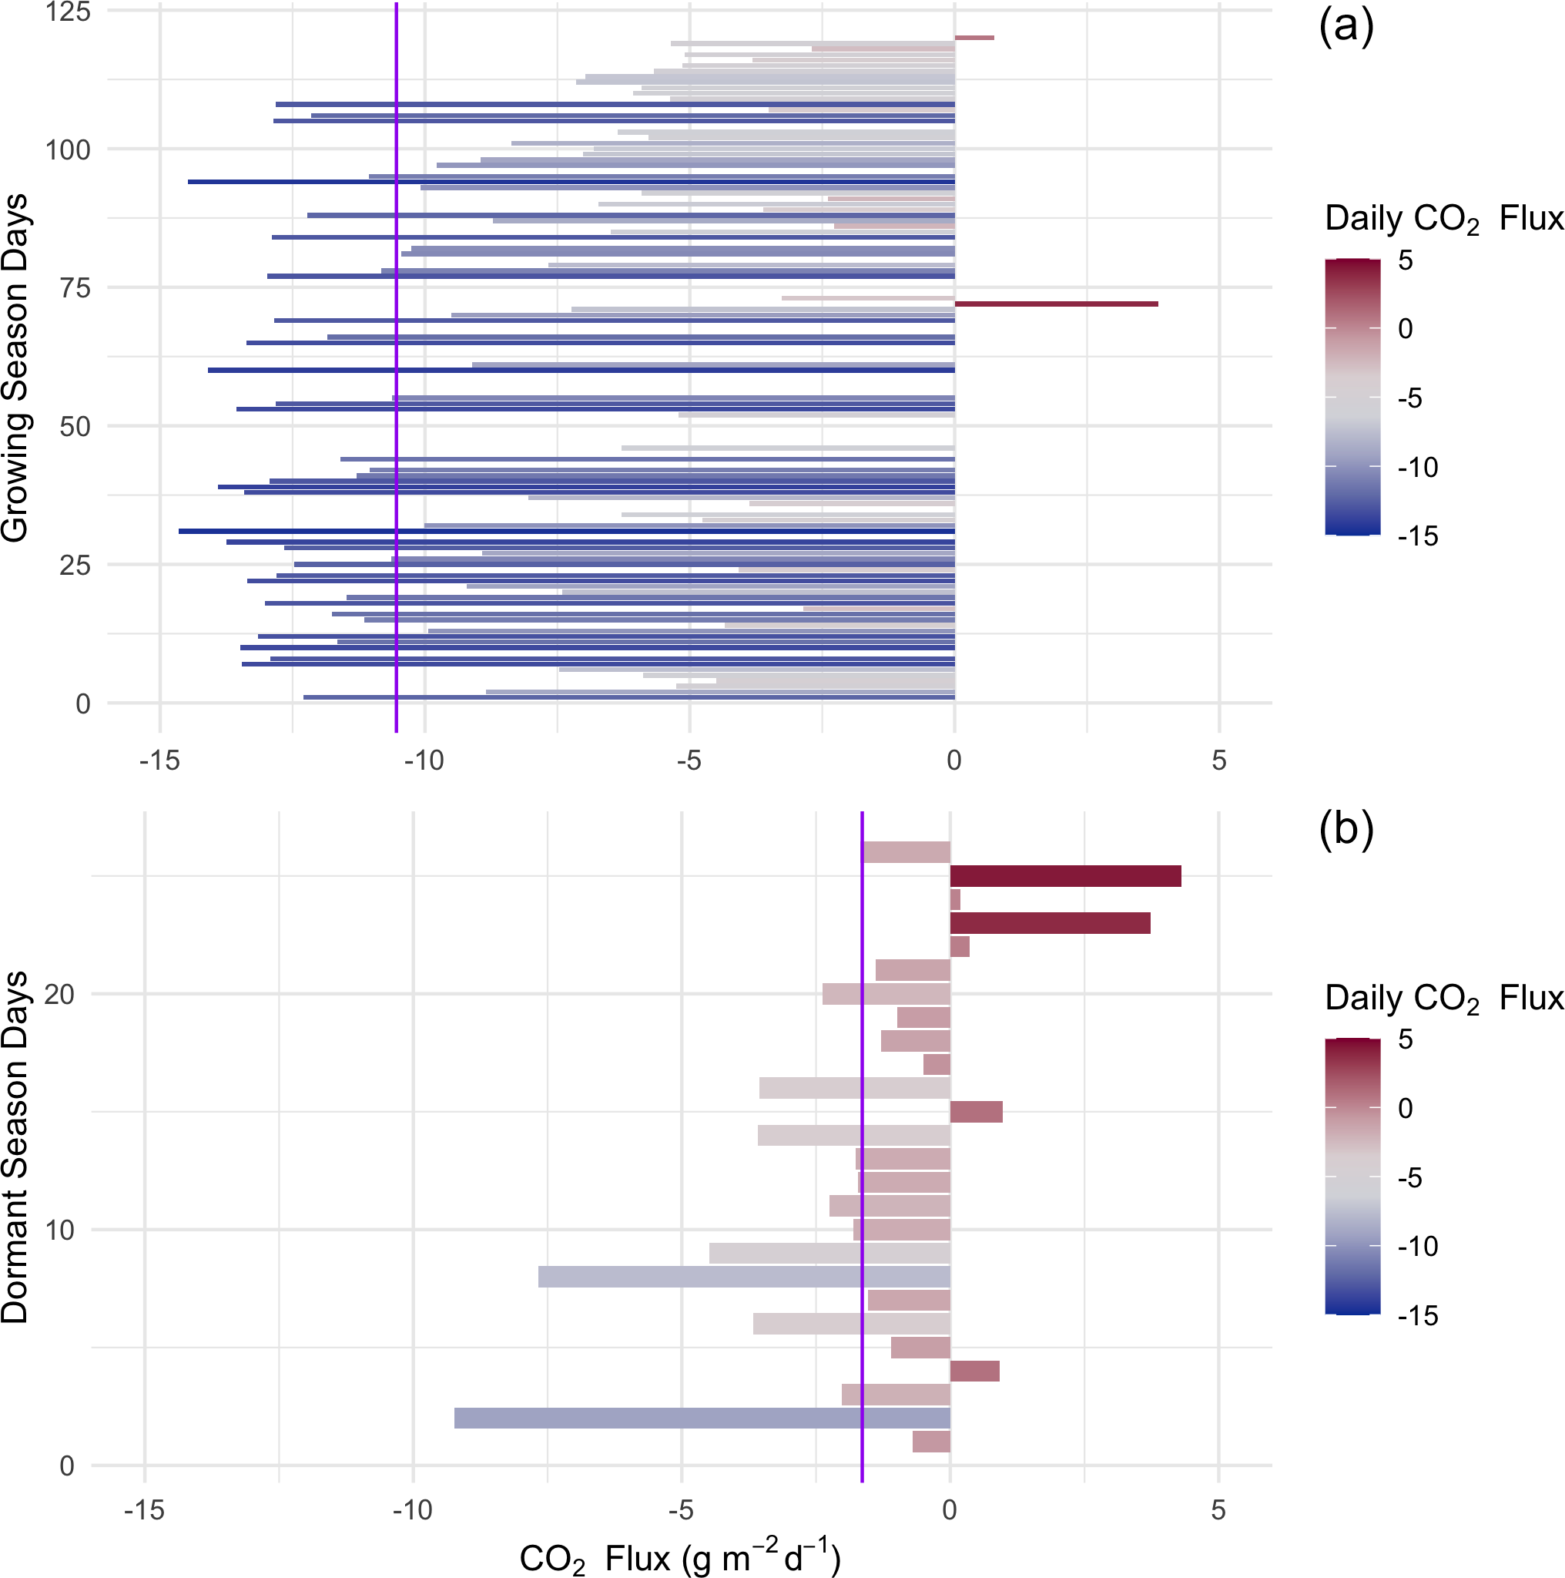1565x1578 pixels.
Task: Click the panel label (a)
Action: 1345,27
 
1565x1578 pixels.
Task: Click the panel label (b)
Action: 1345,829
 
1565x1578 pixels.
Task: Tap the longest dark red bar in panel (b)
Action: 1064,875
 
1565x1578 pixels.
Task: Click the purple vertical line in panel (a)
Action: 396,368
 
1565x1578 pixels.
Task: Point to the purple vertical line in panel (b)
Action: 861,1143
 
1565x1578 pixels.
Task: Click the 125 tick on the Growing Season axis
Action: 68,12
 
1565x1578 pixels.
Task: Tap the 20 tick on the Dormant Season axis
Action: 59,994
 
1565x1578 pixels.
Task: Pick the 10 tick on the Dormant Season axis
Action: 59,1229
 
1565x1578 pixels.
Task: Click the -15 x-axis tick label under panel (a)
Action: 159,760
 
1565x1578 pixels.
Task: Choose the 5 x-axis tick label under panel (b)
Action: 1217,1509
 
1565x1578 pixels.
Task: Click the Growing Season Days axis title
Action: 15,368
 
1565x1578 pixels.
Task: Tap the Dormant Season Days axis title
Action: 15,1147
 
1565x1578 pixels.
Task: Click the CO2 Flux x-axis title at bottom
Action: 679,1557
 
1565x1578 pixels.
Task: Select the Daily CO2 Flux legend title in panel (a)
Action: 1443,219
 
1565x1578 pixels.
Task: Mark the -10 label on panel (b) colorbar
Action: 1417,1247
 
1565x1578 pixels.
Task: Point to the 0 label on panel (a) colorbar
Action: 1404,329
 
